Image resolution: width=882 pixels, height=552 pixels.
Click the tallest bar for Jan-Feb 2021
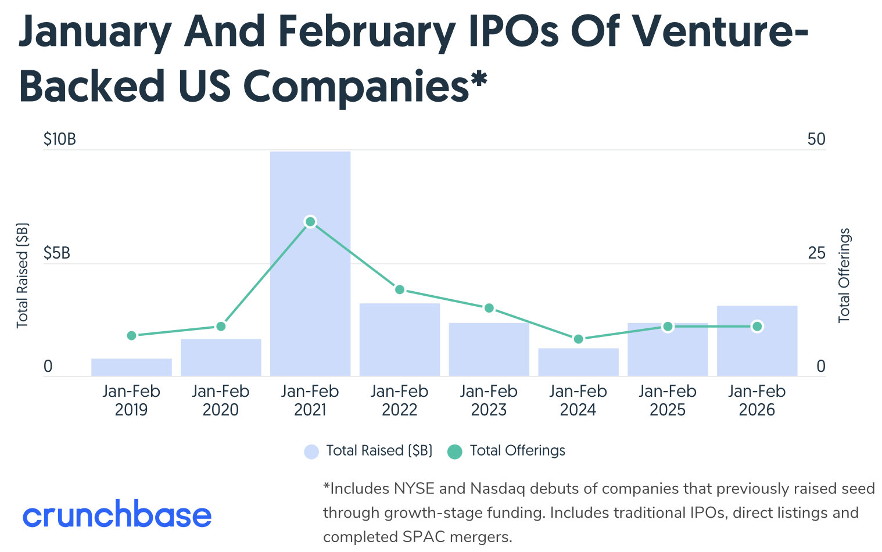pos(310,291)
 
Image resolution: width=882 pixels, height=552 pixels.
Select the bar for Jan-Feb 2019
pos(131,367)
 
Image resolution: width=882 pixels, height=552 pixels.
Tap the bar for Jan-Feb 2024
pos(578,362)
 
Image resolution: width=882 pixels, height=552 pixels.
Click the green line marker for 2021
pos(310,221)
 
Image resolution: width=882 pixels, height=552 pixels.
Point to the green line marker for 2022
pos(400,289)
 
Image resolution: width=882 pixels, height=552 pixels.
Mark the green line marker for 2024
pos(578,339)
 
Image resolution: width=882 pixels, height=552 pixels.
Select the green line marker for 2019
pos(131,335)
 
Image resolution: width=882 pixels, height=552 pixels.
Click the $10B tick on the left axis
pos(60,139)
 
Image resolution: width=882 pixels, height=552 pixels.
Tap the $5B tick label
pos(57,253)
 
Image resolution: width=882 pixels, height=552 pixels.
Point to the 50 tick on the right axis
pos(816,139)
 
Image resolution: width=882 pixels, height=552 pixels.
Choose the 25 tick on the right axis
pos(816,253)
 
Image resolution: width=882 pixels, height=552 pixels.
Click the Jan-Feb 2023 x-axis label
pos(489,400)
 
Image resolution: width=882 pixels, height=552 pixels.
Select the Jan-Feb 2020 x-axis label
pos(221,400)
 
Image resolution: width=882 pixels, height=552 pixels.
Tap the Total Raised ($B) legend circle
pos(311,451)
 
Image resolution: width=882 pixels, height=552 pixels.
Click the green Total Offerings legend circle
pos(455,451)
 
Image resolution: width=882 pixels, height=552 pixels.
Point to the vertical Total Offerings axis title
pos(844,275)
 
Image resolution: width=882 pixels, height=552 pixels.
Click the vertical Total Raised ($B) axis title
pos(23,275)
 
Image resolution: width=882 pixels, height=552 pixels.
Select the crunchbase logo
pos(117,515)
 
